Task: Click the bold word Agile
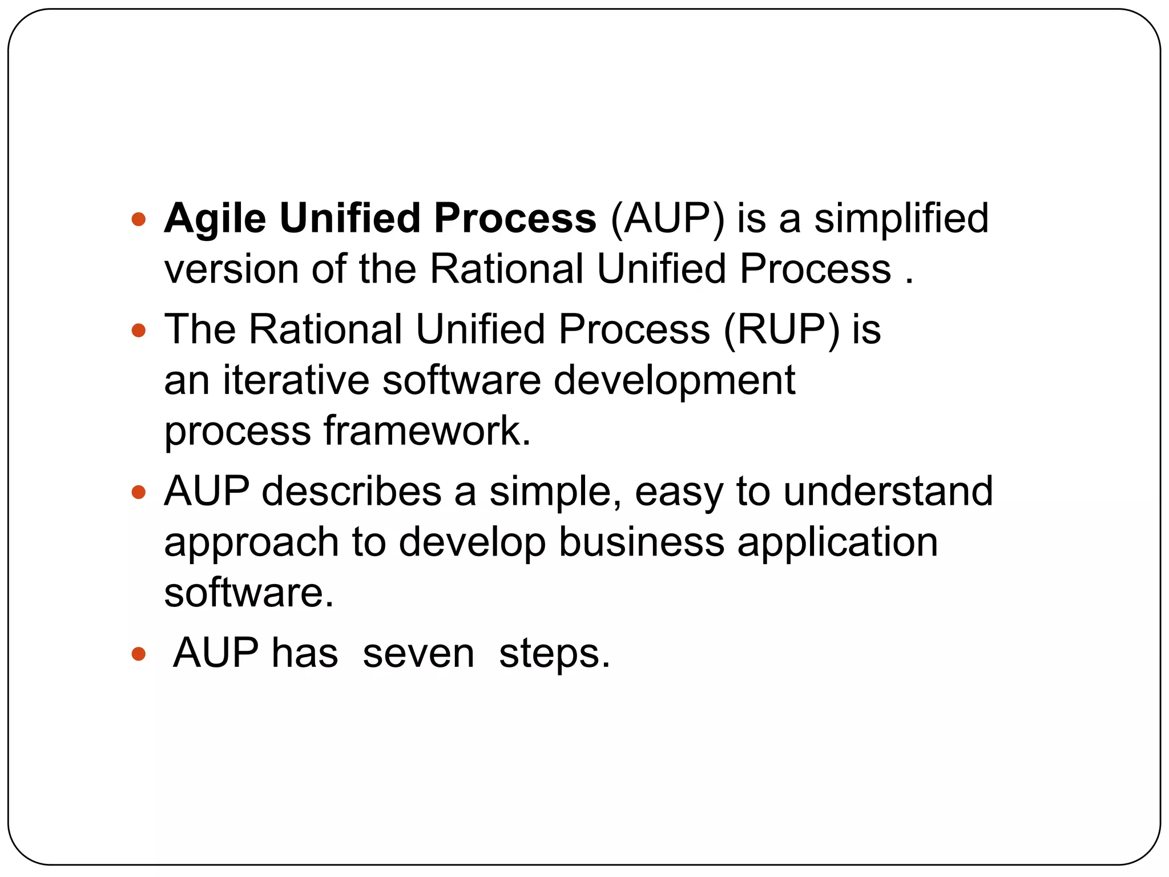point(215,219)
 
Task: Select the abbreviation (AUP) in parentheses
point(667,219)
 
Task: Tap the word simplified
point(901,219)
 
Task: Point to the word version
point(231,269)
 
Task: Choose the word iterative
point(296,380)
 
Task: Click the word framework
point(427,431)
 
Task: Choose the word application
point(837,542)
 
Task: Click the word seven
point(418,653)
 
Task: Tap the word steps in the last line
point(554,654)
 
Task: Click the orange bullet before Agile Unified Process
point(139,219)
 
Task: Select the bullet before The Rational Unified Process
point(139,330)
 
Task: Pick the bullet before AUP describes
point(139,492)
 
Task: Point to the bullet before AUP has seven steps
point(139,653)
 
